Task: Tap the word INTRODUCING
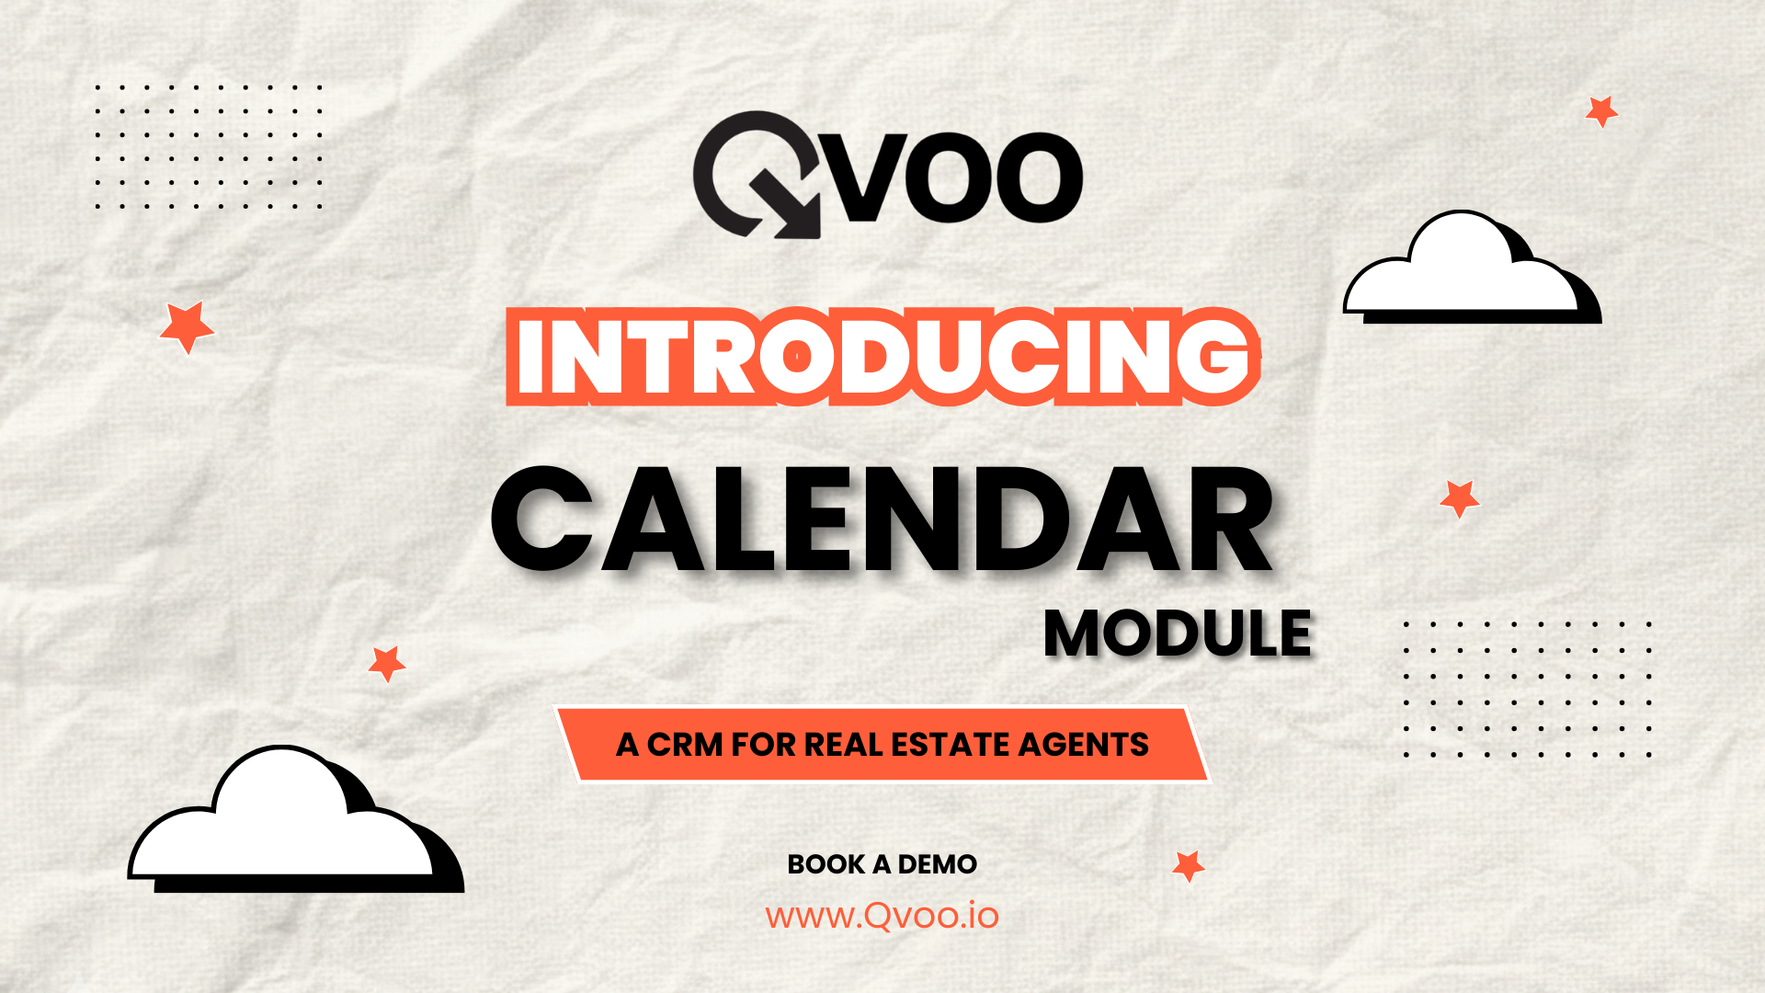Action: pos(883,356)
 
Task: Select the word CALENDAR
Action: pos(882,520)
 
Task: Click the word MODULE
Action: pos(1178,633)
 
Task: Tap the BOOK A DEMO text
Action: pos(882,864)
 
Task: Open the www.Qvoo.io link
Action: pos(882,916)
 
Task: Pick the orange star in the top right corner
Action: pos(1601,110)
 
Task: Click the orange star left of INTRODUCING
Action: pos(187,326)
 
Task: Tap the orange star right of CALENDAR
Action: pos(1459,498)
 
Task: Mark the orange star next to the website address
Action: pos(1189,865)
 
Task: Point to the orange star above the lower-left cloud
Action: pos(386,663)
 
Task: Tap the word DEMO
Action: pos(938,864)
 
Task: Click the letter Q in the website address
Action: pos(876,917)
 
